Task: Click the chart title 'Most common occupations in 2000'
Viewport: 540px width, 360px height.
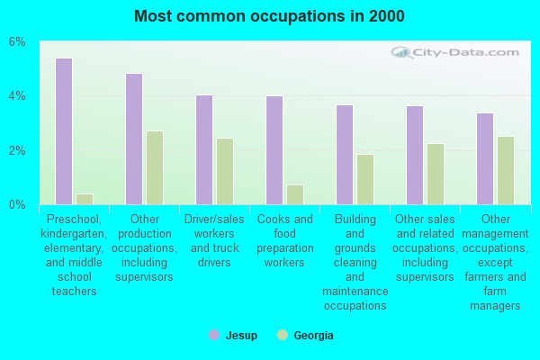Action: [269, 16]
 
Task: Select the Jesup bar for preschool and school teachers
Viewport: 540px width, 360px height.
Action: [64, 131]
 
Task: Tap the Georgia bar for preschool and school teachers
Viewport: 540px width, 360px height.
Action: [85, 199]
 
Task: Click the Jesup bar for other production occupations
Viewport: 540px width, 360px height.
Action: [134, 139]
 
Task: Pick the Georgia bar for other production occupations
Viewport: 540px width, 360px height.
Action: [155, 167]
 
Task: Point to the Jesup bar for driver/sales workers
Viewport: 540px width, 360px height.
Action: [204, 149]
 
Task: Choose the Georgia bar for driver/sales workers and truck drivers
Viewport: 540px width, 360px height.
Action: [225, 171]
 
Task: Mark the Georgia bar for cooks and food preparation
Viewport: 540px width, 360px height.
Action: [295, 194]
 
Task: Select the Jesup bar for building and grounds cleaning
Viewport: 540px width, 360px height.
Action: [345, 155]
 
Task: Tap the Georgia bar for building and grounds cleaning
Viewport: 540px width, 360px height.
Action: [365, 179]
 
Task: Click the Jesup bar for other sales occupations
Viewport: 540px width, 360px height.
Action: [415, 155]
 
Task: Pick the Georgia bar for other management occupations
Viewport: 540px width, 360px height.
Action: [506, 170]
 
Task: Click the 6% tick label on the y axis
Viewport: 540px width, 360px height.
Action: [18, 42]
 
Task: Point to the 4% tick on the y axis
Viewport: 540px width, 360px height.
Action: [18, 96]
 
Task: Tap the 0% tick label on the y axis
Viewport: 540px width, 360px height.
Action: [18, 205]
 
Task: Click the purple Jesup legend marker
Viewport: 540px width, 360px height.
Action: [214, 335]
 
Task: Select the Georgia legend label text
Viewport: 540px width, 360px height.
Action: [313, 336]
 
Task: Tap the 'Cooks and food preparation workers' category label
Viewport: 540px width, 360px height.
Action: [284, 240]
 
